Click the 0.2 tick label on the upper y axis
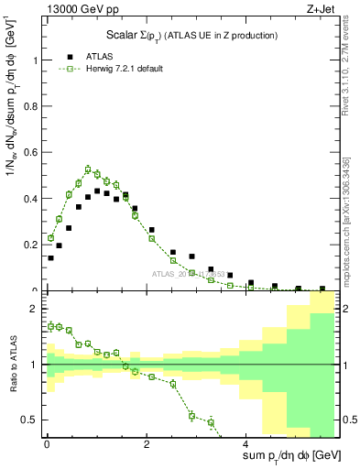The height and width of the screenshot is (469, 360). point(32,245)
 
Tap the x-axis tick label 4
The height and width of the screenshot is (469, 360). point(247,445)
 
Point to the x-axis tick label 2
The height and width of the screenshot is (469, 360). point(147,445)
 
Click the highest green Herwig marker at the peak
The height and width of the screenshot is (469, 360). point(88,169)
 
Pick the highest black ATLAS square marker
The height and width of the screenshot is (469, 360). point(97,191)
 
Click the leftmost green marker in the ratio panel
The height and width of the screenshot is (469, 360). point(50,326)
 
